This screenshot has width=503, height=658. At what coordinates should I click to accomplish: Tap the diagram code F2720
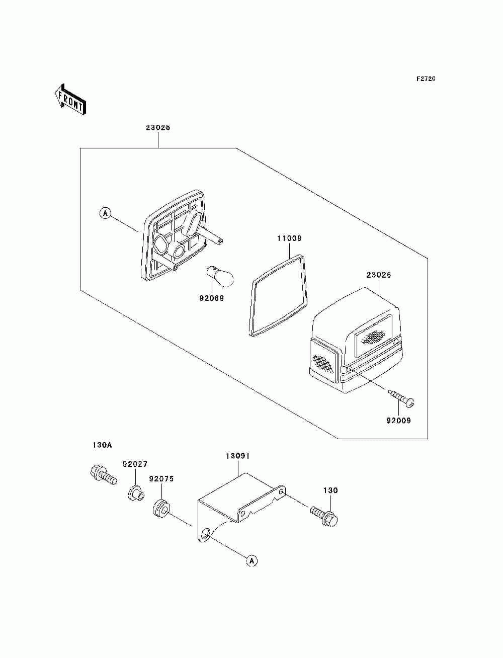426,79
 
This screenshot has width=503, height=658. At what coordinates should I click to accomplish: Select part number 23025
158,128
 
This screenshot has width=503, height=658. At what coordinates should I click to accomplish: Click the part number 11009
289,238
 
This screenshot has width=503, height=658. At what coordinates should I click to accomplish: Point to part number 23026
379,275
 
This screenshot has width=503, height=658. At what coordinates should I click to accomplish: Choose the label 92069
211,298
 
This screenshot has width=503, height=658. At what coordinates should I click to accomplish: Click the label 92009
398,421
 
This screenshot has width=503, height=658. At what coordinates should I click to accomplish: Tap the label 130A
102,445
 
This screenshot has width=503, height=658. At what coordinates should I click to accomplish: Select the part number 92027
135,464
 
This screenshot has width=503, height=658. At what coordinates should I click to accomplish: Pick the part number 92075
161,479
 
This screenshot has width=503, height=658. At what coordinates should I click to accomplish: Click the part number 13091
237,456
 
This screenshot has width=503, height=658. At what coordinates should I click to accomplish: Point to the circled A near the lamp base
105,213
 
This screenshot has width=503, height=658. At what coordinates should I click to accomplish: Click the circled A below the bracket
252,560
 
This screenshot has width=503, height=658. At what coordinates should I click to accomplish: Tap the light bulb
220,277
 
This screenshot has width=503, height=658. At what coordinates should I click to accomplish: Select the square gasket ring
278,295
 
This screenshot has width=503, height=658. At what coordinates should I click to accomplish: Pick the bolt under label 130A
102,475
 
